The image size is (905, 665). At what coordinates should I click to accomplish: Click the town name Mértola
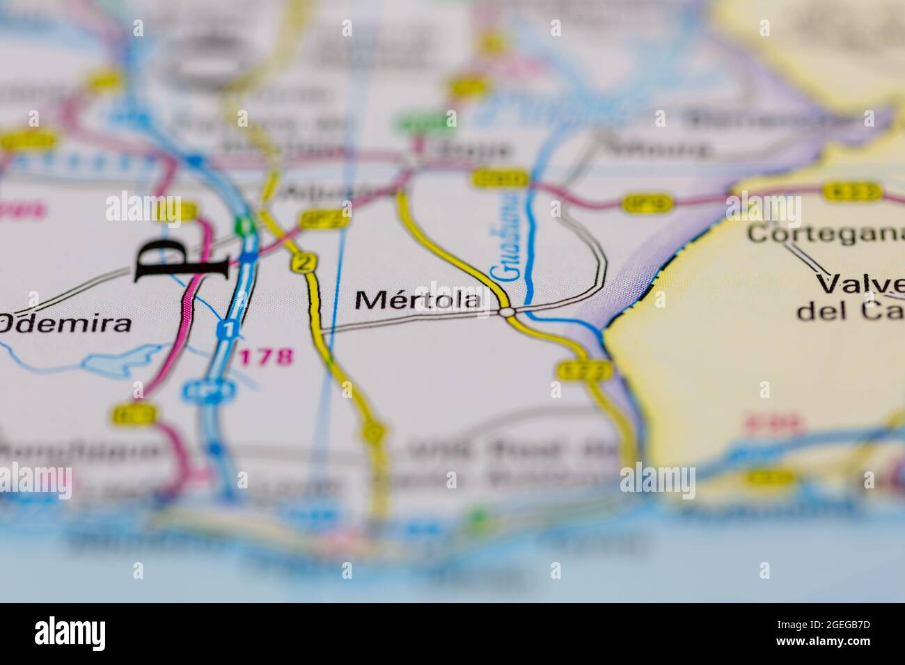pyautogui.click(x=418, y=300)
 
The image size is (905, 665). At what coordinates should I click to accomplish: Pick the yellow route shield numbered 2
pyautogui.click(x=303, y=262)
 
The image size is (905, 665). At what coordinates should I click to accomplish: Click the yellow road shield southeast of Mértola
pyautogui.click(x=585, y=370)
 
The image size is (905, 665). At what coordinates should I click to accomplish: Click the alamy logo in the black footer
pyautogui.click(x=70, y=634)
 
